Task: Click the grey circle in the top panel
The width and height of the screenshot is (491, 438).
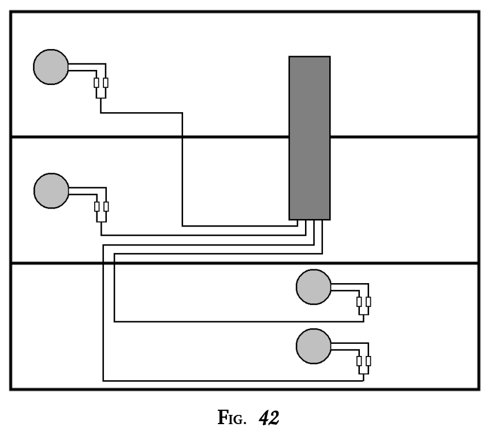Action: click(51, 67)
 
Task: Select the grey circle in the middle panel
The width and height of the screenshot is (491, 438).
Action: click(51, 190)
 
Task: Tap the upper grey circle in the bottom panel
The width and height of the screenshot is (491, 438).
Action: click(314, 287)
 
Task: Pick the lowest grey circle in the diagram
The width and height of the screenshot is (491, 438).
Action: click(314, 347)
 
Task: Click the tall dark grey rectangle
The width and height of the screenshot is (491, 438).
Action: click(309, 138)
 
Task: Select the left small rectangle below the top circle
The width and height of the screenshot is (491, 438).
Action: click(96, 83)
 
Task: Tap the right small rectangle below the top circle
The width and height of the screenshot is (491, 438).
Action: click(105, 83)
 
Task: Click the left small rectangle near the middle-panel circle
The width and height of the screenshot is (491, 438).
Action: click(96, 206)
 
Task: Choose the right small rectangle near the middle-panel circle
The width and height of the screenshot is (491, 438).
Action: click(105, 206)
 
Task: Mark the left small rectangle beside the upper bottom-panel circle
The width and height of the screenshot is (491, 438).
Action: click(359, 302)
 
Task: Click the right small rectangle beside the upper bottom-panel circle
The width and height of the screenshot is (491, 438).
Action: click(368, 302)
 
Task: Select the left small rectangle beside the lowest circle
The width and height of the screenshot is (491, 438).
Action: click(359, 362)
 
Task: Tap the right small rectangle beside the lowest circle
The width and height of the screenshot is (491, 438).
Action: click(368, 362)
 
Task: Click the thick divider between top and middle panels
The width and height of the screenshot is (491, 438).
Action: click(150, 137)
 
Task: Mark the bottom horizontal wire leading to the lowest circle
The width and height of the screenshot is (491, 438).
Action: click(231, 381)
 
